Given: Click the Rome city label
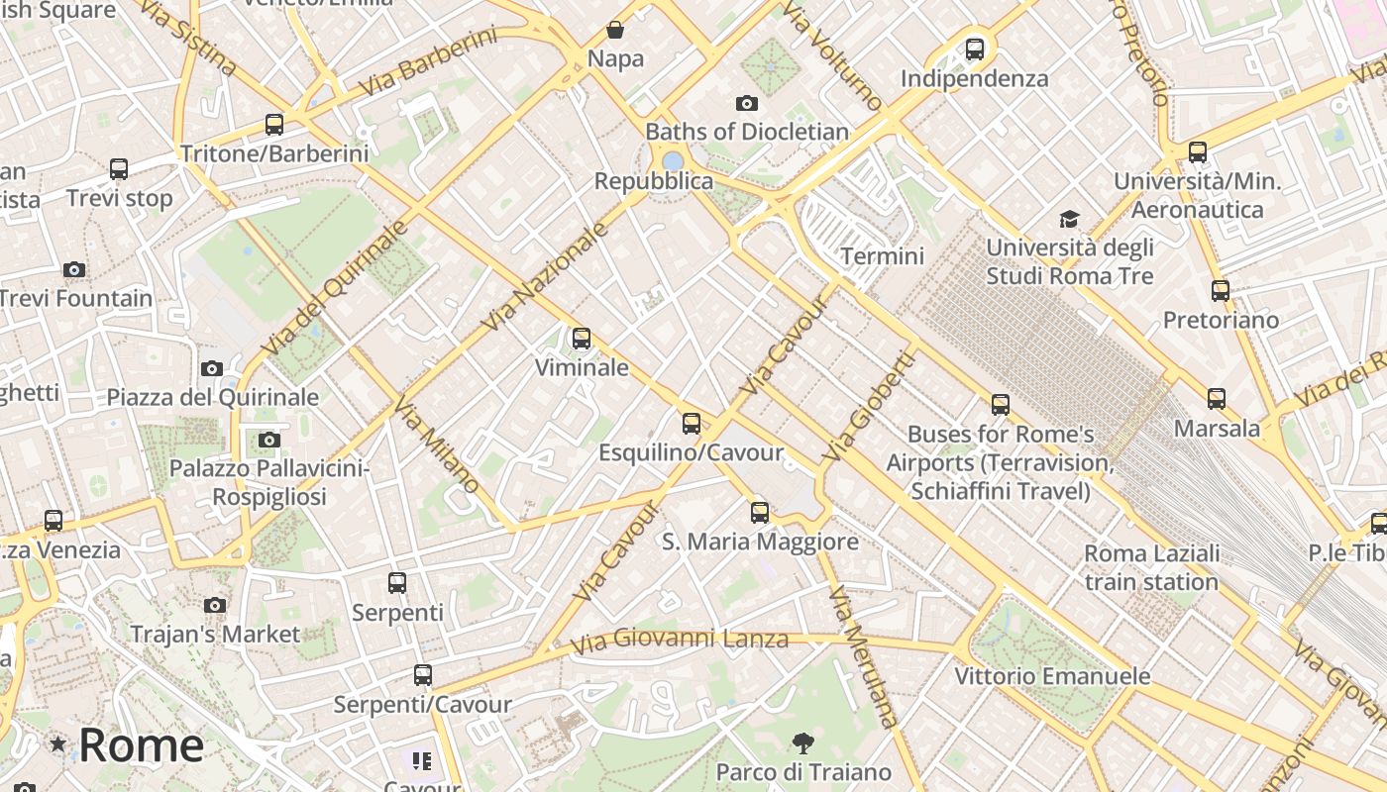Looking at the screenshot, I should [x=141, y=744].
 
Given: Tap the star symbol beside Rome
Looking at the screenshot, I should [x=58, y=743].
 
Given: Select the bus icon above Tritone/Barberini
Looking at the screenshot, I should [x=274, y=125].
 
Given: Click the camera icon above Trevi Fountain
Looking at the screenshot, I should [x=74, y=269].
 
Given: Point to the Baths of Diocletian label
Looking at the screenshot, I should [x=747, y=132].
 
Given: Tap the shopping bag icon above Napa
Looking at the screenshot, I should [x=615, y=30].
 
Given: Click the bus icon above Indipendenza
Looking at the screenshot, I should [x=975, y=49].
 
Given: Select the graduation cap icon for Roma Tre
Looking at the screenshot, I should [x=1069, y=219].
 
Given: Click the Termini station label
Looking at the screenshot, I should [x=882, y=256].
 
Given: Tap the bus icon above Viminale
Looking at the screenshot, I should [x=582, y=339].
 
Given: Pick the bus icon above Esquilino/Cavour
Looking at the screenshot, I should [x=692, y=424].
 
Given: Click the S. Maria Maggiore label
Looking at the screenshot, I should [x=760, y=542].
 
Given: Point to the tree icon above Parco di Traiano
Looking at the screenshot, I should [x=803, y=742].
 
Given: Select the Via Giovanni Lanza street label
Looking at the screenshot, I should [x=680, y=640].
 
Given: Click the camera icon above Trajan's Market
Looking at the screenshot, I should [x=215, y=605].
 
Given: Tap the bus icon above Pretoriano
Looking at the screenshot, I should [x=1221, y=291].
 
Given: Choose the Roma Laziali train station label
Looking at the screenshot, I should [x=1151, y=567].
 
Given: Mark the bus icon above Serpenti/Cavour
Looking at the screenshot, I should [x=423, y=675].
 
